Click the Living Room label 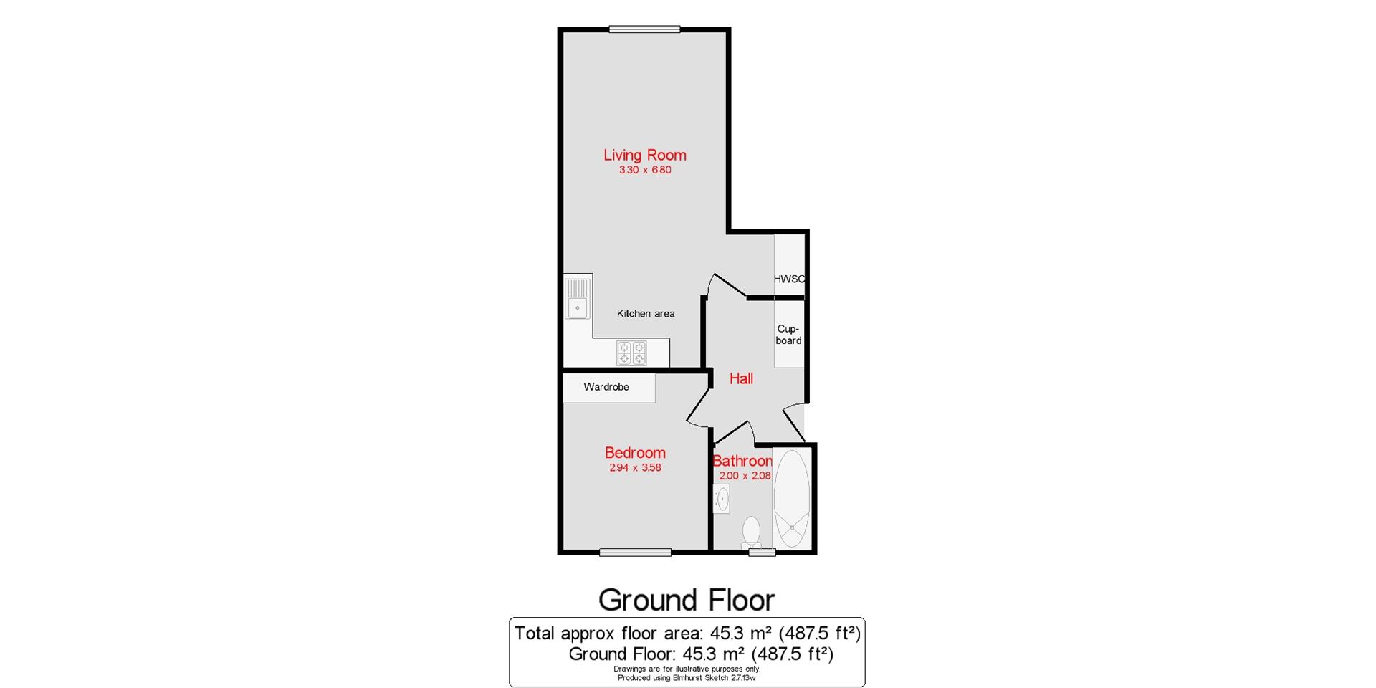(644, 155)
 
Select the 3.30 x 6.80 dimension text (645, 171)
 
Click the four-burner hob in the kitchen (631, 353)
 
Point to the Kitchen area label (646, 314)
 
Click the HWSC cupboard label (789, 279)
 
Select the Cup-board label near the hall (788, 335)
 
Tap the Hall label (741, 378)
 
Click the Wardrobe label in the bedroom (606, 387)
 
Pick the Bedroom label (635, 453)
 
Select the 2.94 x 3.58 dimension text (635, 468)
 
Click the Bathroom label (742, 461)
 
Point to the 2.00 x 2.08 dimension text (745, 476)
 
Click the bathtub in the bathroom (792, 499)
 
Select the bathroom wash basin (722, 498)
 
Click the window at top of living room (644, 29)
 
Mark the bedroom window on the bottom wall (635, 552)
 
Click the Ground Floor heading (687, 600)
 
